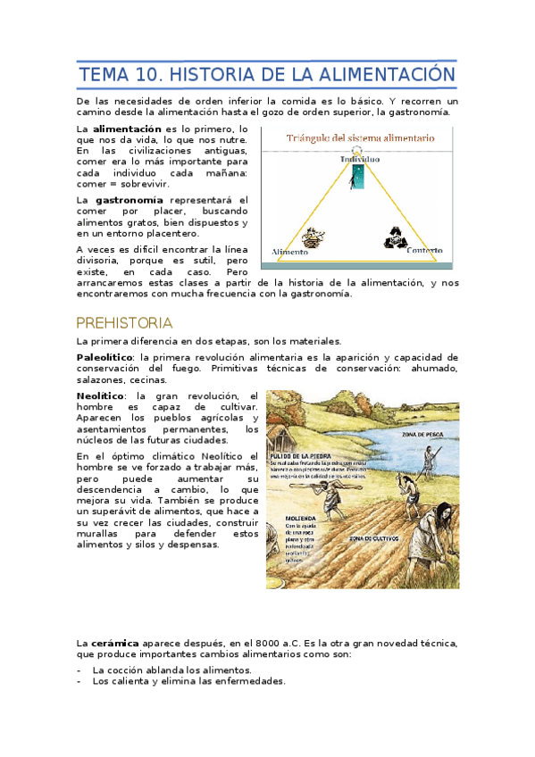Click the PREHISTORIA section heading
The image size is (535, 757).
point(124,322)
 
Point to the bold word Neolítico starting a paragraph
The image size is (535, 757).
point(100,395)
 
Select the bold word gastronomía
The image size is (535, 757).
point(130,200)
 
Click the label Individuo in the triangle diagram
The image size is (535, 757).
point(360,159)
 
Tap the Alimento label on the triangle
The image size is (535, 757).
point(290,251)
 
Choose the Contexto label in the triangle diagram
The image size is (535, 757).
point(423,251)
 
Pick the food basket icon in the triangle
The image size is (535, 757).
point(313,238)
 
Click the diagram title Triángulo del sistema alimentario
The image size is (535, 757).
point(360,138)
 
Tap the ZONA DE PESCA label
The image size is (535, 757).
point(423,435)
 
